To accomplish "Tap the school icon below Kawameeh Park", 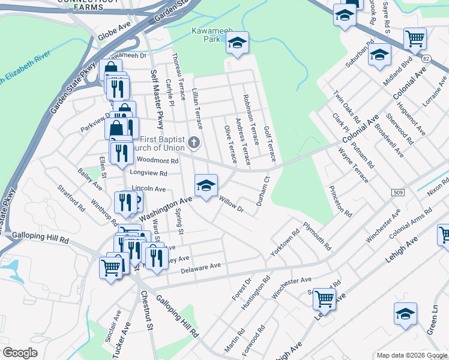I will click(x=237, y=43).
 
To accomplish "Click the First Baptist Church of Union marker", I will click(x=193, y=143).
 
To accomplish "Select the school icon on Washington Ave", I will click(x=206, y=185).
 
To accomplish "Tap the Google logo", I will click(x=20, y=353).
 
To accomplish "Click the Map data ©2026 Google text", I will click(x=412, y=355).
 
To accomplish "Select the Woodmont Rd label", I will click(x=158, y=161).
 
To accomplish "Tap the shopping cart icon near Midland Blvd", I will click(x=415, y=39).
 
